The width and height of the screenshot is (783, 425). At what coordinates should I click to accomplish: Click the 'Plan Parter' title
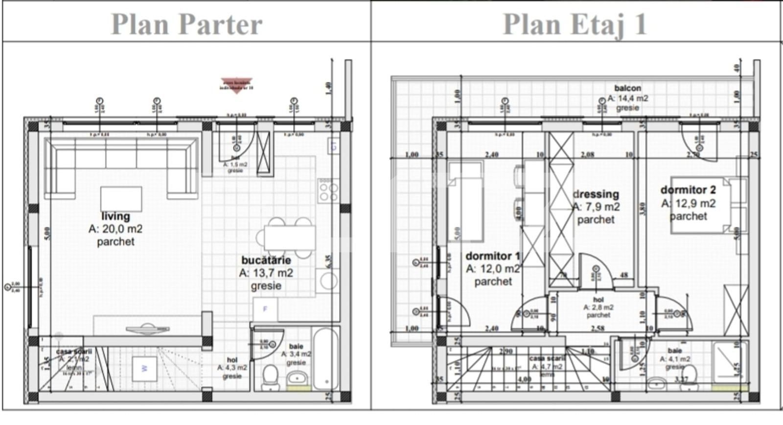186,24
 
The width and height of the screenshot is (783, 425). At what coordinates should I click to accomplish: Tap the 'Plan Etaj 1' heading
575,24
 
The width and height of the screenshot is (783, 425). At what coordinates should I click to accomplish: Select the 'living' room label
115,216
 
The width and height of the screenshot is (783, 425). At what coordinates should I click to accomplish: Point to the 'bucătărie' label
266,260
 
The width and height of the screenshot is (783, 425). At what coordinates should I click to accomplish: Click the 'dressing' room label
596,194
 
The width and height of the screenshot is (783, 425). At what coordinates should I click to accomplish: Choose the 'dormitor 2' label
688,190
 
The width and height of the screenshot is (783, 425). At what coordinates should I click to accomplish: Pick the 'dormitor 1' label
492,256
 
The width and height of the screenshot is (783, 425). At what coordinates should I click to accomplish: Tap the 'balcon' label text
627,88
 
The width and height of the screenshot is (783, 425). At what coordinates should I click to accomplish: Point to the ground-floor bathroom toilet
270,378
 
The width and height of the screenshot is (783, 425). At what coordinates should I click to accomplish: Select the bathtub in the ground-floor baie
325,359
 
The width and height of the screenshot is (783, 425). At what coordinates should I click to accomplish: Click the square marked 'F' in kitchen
265,309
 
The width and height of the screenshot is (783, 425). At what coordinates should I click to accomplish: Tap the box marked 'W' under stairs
144,368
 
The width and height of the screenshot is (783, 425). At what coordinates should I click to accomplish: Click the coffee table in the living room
121,199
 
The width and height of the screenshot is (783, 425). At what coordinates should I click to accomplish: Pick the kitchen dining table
290,238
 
